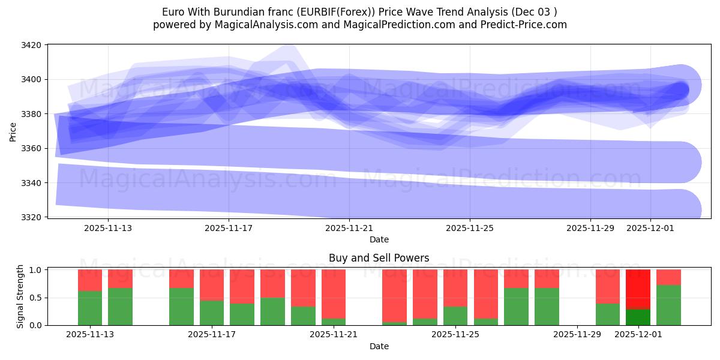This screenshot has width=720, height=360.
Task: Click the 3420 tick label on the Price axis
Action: (x=31, y=45)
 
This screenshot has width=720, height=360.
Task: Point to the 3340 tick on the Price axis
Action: (x=31, y=183)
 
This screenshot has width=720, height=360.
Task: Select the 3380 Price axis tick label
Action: (x=31, y=114)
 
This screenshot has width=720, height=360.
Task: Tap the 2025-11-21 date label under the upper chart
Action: (x=349, y=228)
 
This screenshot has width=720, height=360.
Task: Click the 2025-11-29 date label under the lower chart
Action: (x=577, y=334)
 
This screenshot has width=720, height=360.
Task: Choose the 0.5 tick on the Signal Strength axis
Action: (x=35, y=298)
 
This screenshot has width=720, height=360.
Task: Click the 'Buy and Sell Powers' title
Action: (x=379, y=258)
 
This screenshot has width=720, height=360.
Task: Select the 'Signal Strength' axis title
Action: (x=20, y=296)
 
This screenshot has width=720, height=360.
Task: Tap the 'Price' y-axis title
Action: (x=13, y=131)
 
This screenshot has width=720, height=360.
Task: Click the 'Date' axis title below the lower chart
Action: (x=379, y=346)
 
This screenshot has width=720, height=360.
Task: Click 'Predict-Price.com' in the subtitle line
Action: (x=520, y=25)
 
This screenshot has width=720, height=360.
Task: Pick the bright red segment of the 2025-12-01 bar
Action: (x=638, y=289)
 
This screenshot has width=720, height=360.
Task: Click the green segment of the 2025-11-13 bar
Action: (x=90, y=308)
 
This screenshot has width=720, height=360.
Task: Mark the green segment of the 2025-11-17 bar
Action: (x=212, y=313)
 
